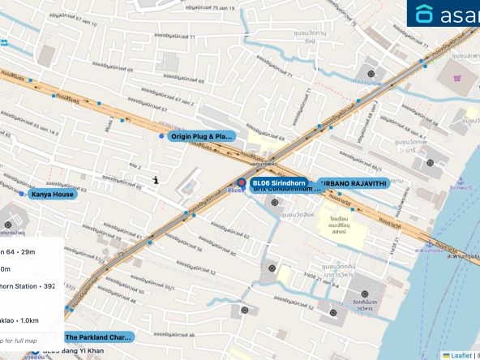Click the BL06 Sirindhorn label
point(278,183)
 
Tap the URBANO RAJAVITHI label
point(353,183)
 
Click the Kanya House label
point(52,195)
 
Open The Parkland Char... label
point(97,336)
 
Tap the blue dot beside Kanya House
point(21,195)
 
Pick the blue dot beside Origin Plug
point(161,136)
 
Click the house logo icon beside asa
point(424,13)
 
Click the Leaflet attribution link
point(461,355)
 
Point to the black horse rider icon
point(156,178)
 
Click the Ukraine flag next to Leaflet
point(446,355)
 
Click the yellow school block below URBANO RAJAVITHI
point(344,227)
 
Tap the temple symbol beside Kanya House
point(8,225)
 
